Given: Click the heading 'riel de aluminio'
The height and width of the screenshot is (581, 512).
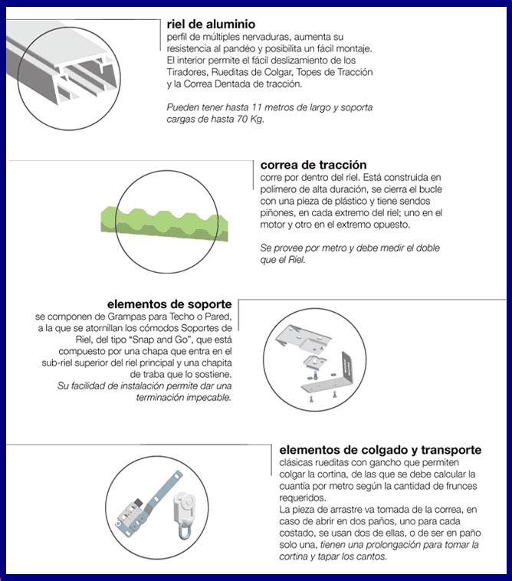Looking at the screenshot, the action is click(211, 24).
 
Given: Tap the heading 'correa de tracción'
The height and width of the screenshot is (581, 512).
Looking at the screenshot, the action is click(313, 165).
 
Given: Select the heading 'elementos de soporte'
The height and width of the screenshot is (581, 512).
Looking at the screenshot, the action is click(169, 304).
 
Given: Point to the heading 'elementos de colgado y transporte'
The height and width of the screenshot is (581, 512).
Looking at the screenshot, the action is click(380, 450).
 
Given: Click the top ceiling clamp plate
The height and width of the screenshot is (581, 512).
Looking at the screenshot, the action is click(304, 339).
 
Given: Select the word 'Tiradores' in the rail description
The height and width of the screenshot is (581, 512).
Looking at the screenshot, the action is click(187, 72).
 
